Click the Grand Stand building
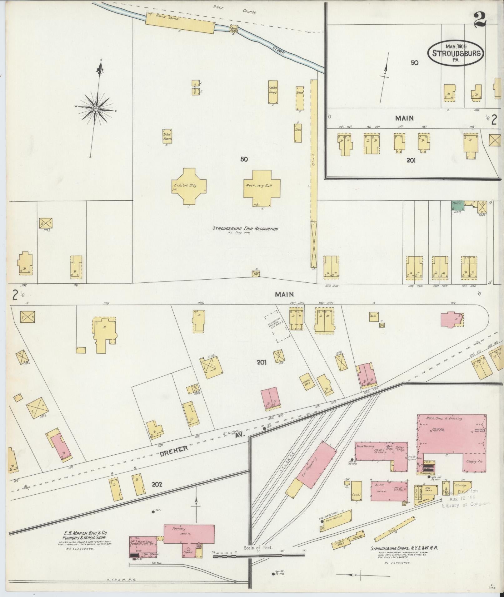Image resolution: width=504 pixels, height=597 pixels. pyautogui.click(x=180, y=22)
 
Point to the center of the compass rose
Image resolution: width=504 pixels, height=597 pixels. pyautogui.click(x=96, y=108)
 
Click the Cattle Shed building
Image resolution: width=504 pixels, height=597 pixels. pyautogui.click(x=273, y=92)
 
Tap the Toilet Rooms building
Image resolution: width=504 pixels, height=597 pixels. pyautogui.click(x=167, y=136)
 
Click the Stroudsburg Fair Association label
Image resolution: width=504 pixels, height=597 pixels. pyautogui.click(x=245, y=229)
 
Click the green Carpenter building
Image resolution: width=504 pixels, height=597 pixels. pyautogui.click(x=458, y=205)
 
